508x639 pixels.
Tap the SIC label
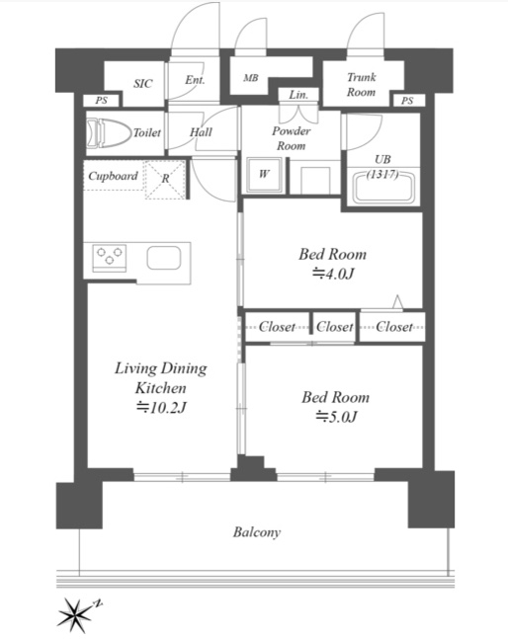pos(142,84)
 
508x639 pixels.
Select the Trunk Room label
pos(361,84)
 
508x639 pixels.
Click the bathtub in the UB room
pos(382,187)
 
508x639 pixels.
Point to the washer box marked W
pos(264,175)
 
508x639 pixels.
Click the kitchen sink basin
pos(164,258)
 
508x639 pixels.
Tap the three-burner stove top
pos(110,259)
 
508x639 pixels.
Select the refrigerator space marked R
pos(165,180)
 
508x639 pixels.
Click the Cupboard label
pos(113,176)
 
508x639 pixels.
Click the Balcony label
pos(257,532)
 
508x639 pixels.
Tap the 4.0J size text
pos(333,274)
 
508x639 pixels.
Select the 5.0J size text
pos(336,417)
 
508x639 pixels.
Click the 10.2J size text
pos(161,407)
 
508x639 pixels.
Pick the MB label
pos(251,77)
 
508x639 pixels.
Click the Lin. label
pos(298,95)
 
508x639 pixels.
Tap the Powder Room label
pos(292,138)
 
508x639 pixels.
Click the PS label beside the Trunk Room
pos(407,101)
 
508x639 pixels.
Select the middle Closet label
pos(335,327)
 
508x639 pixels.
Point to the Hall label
pos(201,132)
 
